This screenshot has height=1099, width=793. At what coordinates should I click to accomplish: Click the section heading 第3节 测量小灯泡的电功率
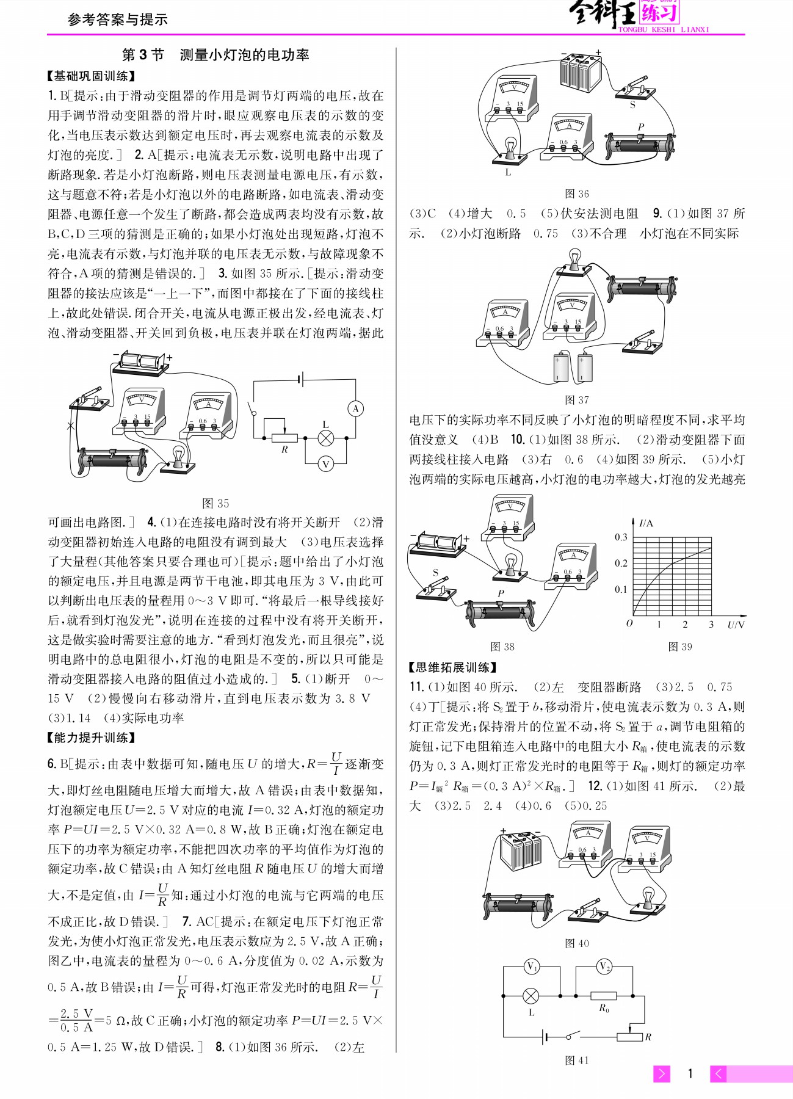[x=215, y=55]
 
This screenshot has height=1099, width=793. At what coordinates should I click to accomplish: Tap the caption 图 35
[x=215, y=503]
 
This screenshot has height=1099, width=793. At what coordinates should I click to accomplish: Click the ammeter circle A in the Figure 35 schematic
[x=355, y=408]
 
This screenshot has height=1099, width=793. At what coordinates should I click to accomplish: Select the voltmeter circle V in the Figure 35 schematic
[x=325, y=464]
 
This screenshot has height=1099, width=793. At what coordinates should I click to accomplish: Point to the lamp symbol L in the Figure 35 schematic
[x=326, y=437]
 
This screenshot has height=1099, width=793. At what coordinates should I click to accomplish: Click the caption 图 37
[x=576, y=400]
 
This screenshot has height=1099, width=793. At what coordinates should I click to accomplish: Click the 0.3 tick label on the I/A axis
[x=621, y=537]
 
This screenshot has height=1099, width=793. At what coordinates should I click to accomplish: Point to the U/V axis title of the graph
[x=736, y=625]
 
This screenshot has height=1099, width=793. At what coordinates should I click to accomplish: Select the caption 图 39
[x=680, y=647]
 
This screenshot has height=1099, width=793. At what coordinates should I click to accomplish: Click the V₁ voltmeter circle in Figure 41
[x=532, y=967]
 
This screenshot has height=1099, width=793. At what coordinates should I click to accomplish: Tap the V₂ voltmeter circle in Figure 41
[x=604, y=967]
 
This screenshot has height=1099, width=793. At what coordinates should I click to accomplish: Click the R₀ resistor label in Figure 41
[x=604, y=1008]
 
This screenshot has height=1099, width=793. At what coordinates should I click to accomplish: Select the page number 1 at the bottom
[x=690, y=1073]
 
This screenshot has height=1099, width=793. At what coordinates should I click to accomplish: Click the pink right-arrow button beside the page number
[x=662, y=1073]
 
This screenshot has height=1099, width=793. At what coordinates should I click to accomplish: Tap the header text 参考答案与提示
[x=118, y=20]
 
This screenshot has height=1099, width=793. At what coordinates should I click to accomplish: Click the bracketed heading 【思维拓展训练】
[x=452, y=667]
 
